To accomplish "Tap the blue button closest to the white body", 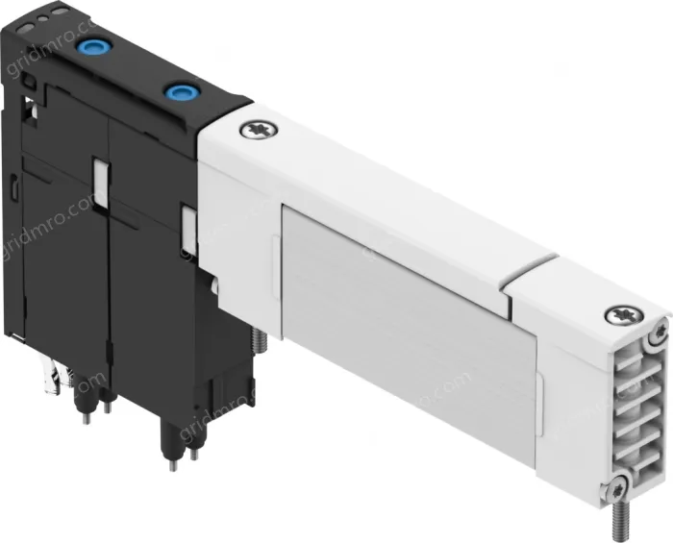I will [178, 92].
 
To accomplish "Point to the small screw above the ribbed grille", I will [657, 333].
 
